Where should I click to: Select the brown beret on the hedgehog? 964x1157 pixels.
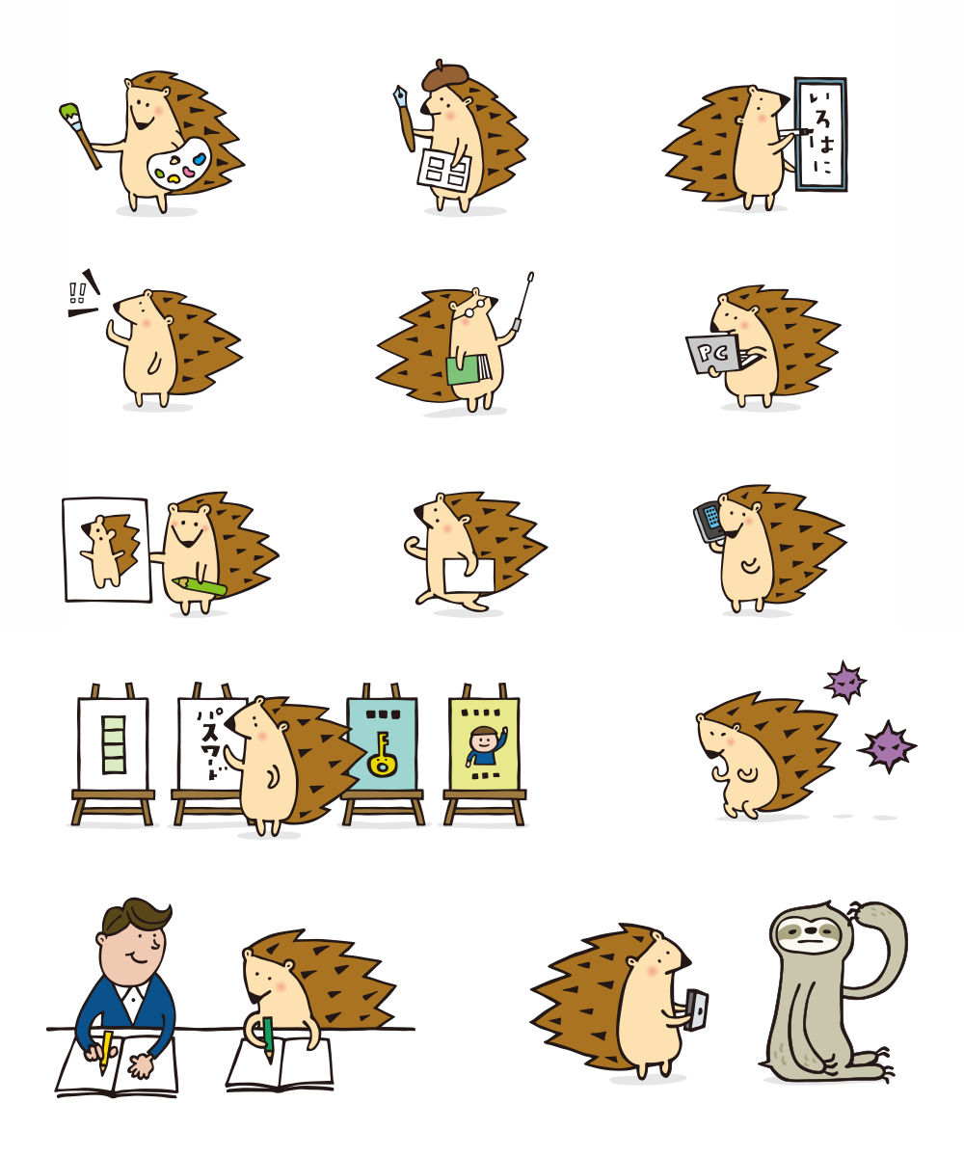[444, 74]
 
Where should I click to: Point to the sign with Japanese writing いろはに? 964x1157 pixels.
[820, 134]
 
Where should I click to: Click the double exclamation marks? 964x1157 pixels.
[78, 292]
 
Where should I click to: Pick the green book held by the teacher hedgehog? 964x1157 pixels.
[466, 370]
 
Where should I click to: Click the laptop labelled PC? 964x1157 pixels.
[712, 354]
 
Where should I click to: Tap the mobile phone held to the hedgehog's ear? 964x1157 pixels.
[709, 520]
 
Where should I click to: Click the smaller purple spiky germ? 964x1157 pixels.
[845, 683]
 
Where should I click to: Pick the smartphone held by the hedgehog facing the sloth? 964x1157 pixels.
[696, 1010]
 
